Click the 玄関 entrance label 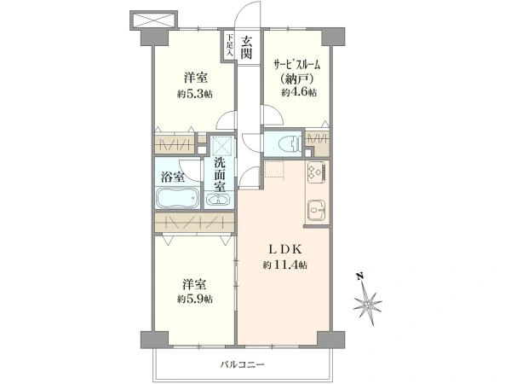[x=246, y=48]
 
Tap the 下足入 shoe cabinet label [x=230, y=44]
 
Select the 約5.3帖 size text [x=195, y=95]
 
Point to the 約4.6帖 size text [x=299, y=93]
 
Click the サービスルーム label [x=296, y=65]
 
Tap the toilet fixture [x=292, y=143]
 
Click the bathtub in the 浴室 [x=178, y=198]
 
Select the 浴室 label [x=173, y=177]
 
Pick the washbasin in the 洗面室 [x=218, y=199]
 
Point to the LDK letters [x=285, y=249]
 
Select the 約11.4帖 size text [x=284, y=265]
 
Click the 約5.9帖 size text [x=195, y=300]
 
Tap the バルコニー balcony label [x=242, y=364]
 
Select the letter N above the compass [x=359, y=276]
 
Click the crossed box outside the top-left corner [x=154, y=20]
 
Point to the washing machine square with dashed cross [x=221, y=145]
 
